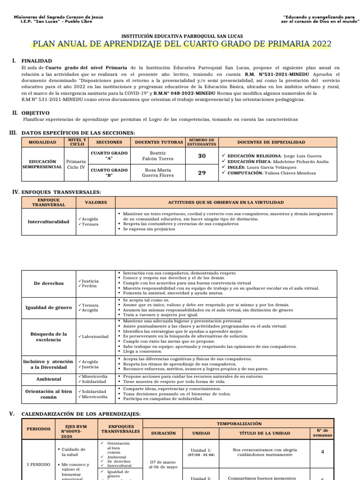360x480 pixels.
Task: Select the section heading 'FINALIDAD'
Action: point(38,61)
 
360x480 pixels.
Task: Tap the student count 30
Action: point(202,156)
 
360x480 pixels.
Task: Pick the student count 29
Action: point(202,173)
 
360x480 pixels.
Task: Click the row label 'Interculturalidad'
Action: point(48,221)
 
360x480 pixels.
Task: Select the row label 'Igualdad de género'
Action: point(48,307)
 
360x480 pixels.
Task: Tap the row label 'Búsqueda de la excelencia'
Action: point(48,337)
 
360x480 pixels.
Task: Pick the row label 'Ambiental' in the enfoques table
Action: point(48,379)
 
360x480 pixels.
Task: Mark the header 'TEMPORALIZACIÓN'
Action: point(239,423)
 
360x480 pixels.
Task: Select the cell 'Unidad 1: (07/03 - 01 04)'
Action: point(202,452)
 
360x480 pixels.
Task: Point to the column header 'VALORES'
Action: point(96,202)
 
